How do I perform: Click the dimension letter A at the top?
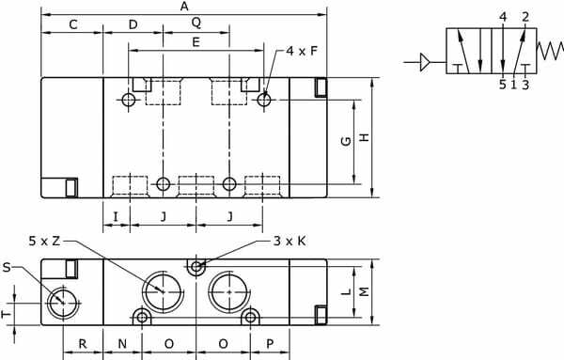pyautogui.click(x=184, y=7)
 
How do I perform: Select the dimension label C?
pyautogui.click(x=73, y=24)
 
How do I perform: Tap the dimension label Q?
pyautogui.click(x=196, y=23)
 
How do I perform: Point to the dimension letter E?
pyautogui.click(x=196, y=42)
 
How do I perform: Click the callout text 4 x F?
pyautogui.click(x=302, y=51)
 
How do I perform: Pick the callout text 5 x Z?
pyautogui.click(x=44, y=241)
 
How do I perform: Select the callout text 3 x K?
pyautogui.click(x=290, y=241)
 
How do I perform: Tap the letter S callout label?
pyautogui.click(x=7, y=268)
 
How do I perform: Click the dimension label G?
pyautogui.click(x=346, y=141)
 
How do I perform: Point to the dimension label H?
pyautogui.click(x=365, y=137)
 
